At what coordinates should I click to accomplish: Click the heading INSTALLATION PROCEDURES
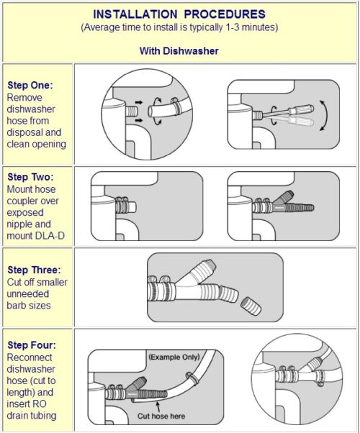(181, 14)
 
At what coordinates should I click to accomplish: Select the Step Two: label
(29, 176)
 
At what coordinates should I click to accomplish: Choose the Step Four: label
(30, 345)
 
